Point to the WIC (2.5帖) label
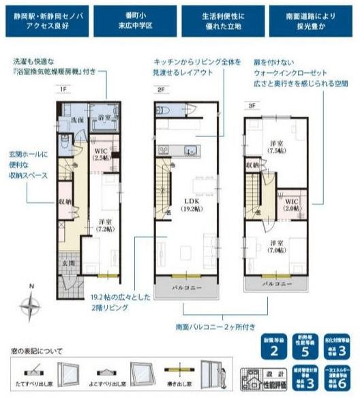click(102, 154)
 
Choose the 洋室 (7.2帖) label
click(104, 226)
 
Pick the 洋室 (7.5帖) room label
click(277, 147)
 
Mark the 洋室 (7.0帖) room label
click(276, 247)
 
